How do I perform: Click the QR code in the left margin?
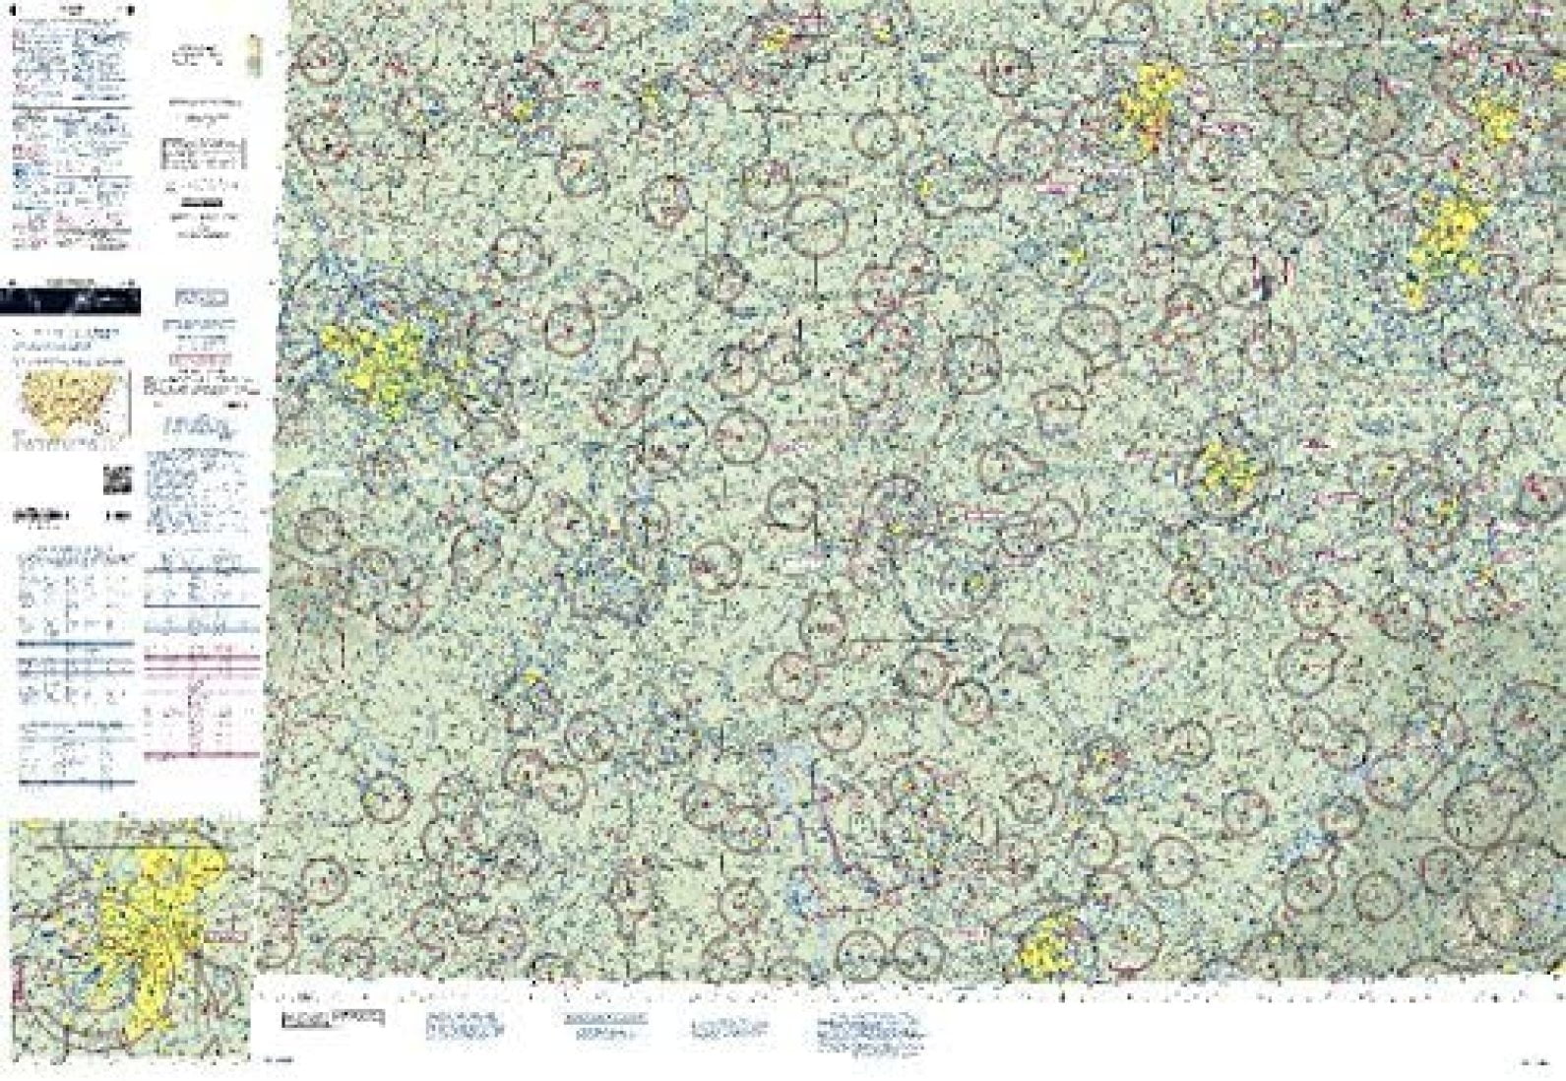117,479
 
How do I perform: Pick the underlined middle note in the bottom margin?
605,1025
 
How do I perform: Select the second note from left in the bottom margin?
464,1025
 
